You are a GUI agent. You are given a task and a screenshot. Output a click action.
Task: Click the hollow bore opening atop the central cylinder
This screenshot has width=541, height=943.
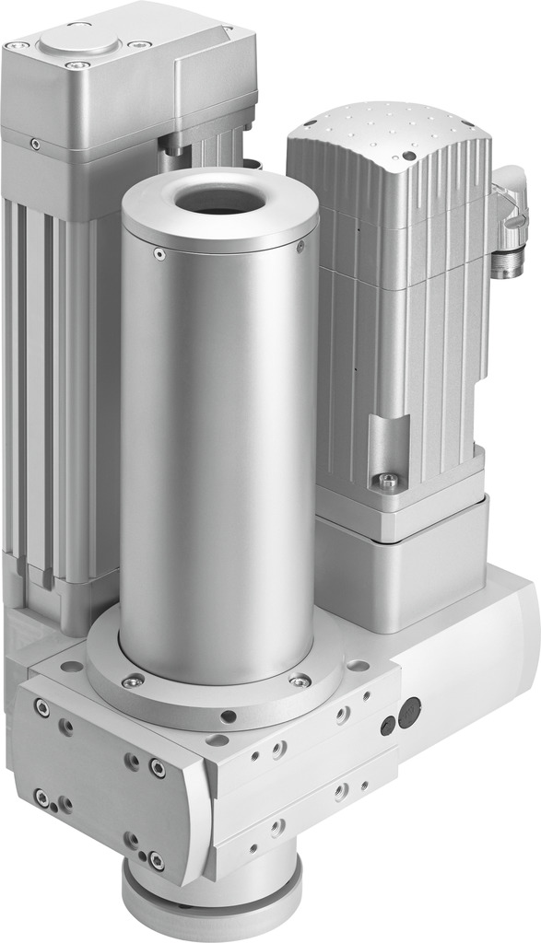tap(219, 198)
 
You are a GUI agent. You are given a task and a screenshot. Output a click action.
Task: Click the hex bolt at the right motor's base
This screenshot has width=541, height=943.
tap(388, 480)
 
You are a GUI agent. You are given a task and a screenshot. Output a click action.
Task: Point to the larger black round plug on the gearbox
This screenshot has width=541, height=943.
tap(410, 709)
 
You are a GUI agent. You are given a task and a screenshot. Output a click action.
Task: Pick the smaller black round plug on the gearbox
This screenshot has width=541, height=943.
tap(387, 725)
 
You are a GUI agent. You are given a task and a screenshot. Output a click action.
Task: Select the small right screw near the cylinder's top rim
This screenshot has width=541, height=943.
tap(301, 246)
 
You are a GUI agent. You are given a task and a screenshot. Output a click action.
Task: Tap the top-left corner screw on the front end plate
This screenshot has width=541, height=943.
tap(41, 706)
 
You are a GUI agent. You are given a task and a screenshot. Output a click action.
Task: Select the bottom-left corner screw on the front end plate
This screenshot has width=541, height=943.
tap(41, 796)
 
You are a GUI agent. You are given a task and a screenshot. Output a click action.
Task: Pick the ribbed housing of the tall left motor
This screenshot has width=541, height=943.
tap(55, 368)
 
